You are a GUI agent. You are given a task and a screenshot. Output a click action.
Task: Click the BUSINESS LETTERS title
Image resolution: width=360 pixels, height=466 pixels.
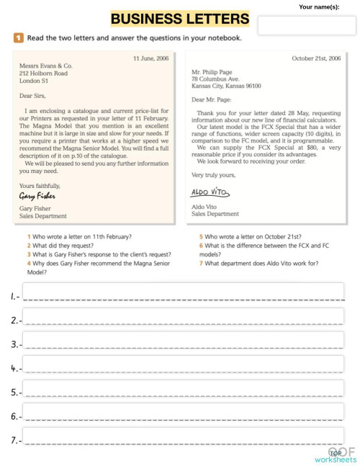pyautogui.click(x=180, y=19)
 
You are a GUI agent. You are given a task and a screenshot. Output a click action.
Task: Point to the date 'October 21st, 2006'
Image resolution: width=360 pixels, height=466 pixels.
pyautogui.click(x=316, y=58)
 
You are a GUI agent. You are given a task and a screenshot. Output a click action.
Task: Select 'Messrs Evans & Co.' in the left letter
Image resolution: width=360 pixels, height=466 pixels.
pyautogui.click(x=46, y=66)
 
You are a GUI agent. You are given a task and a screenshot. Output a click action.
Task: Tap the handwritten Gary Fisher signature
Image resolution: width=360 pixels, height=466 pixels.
pyautogui.click(x=38, y=195)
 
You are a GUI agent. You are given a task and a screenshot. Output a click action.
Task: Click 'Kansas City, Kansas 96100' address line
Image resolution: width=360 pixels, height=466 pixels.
pyautogui.click(x=226, y=86)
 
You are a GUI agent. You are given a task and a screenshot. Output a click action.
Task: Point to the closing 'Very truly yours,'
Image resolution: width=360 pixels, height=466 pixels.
pyautogui.click(x=213, y=175)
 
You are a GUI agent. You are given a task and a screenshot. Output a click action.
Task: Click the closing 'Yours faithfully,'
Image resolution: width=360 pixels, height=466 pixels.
pyautogui.click(x=40, y=185)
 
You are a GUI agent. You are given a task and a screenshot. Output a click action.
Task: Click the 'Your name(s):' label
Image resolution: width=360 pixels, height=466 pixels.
pyautogui.click(x=318, y=6)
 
